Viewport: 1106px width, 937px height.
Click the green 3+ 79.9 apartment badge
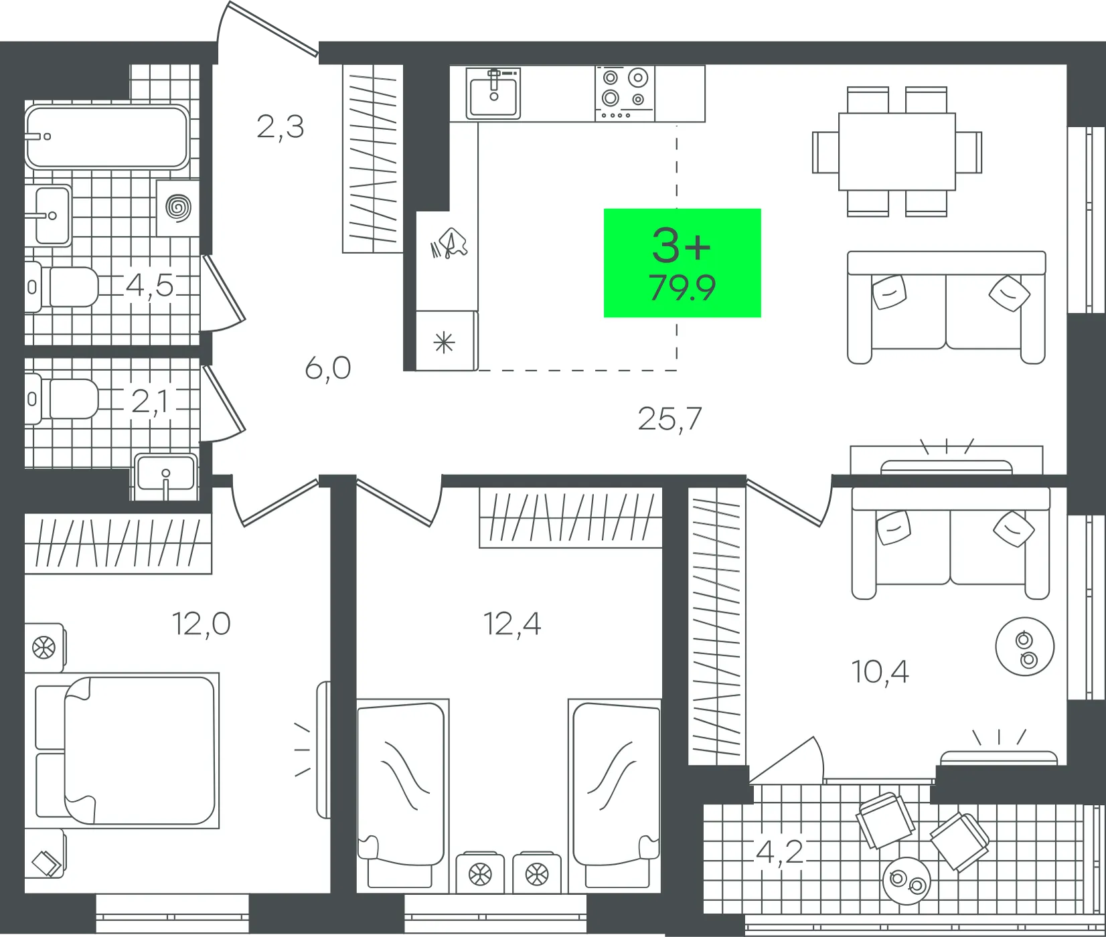pyautogui.click(x=682, y=263)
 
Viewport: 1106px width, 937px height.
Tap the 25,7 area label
pyautogui.click(x=669, y=419)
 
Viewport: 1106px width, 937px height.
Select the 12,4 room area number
pyautogui.click(x=512, y=624)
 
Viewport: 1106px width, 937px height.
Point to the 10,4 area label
pyautogui.click(x=880, y=671)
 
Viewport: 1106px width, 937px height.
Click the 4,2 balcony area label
pyautogui.click(x=779, y=852)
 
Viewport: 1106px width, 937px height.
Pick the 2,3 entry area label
pyautogui.click(x=280, y=126)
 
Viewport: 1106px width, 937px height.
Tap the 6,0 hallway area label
pyautogui.click(x=328, y=368)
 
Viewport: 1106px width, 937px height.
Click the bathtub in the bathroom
pyautogui.click(x=107, y=137)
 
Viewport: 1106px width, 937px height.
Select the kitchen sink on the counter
pyautogui.click(x=493, y=93)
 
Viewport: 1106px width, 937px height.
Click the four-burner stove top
pyautogui.click(x=625, y=94)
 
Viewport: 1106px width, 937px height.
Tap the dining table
pyautogui.click(x=897, y=151)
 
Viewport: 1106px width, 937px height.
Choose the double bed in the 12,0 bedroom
pyautogui.click(x=128, y=750)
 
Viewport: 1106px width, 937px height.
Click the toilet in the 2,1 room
pyautogui.click(x=62, y=400)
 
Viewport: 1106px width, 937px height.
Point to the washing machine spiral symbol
pyautogui.click(x=179, y=207)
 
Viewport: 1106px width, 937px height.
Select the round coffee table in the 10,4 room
pyautogui.click(x=1024, y=647)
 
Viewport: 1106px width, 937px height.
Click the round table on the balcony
pyautogui.click(x=906, y=881)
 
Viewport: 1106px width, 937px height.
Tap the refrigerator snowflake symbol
pyautogui.click(x=444, y=344)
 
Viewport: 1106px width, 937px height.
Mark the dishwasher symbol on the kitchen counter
pyautogui.click(x=449, y=243)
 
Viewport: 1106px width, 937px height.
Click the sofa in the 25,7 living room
pyautogui.click(x=946, y=307)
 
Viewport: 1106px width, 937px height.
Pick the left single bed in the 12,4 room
pyautogui.click(x=401, y=794)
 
